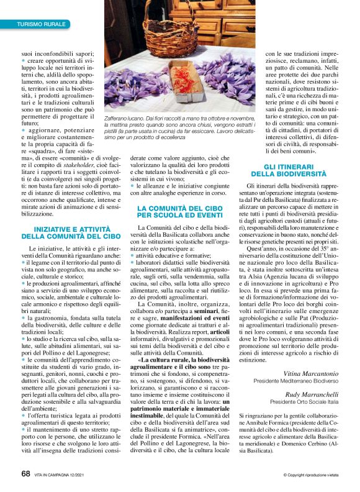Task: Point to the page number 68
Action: click(25, 474)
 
